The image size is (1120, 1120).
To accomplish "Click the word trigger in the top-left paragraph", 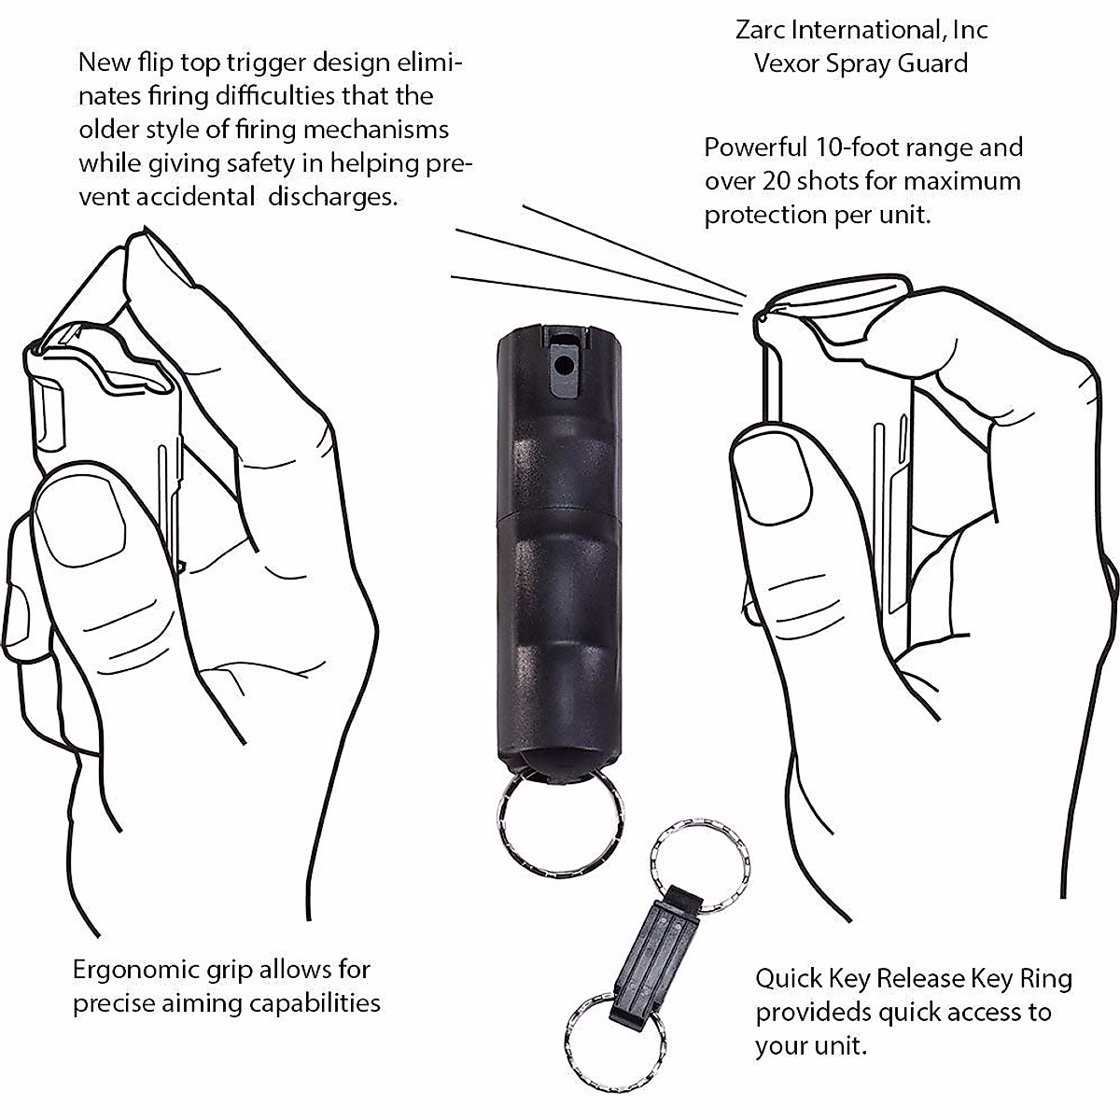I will pos(265,63).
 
